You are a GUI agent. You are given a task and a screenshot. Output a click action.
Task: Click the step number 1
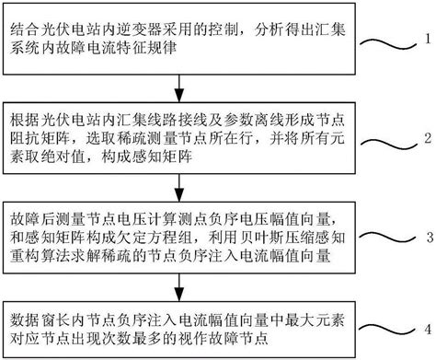pyautogui.click(x=424, y=41)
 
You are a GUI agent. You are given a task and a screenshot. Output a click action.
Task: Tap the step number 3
pyautogui.click(x=425, y=234)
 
